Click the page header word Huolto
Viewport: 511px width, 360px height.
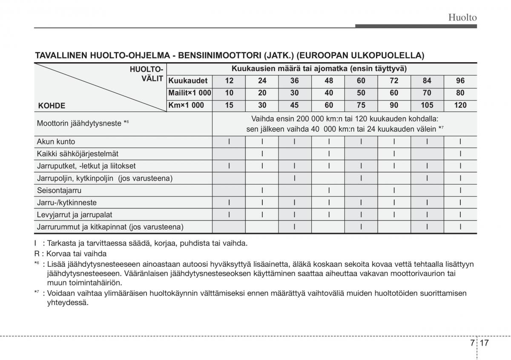(x=462, y=17)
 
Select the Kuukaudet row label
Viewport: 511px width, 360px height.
(x=188, y=81)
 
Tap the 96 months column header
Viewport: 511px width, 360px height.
(x=460, y=81)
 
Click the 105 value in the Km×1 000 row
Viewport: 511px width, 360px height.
(x=427, y=105)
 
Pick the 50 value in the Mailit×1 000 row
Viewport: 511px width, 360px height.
(x=361, y=93)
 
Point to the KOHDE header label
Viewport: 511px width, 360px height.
(x=52, y=106)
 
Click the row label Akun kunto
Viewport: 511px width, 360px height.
(x=56, y=142)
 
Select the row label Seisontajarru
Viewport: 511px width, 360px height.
(x=59, y=190)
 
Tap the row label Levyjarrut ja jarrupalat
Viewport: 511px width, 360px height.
(x=75, y=215)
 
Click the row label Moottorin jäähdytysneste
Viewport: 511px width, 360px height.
(x=81, y=124)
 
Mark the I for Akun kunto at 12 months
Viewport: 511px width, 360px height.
(x=229, y=142)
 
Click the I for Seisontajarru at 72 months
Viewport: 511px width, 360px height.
(x=394, y=190)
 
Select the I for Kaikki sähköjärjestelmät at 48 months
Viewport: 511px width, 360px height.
(x=328, y=154)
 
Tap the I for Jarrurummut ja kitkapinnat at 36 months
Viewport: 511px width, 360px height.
(x=295, y=227)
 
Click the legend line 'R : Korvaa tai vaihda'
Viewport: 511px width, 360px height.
(x=71, y=253)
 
